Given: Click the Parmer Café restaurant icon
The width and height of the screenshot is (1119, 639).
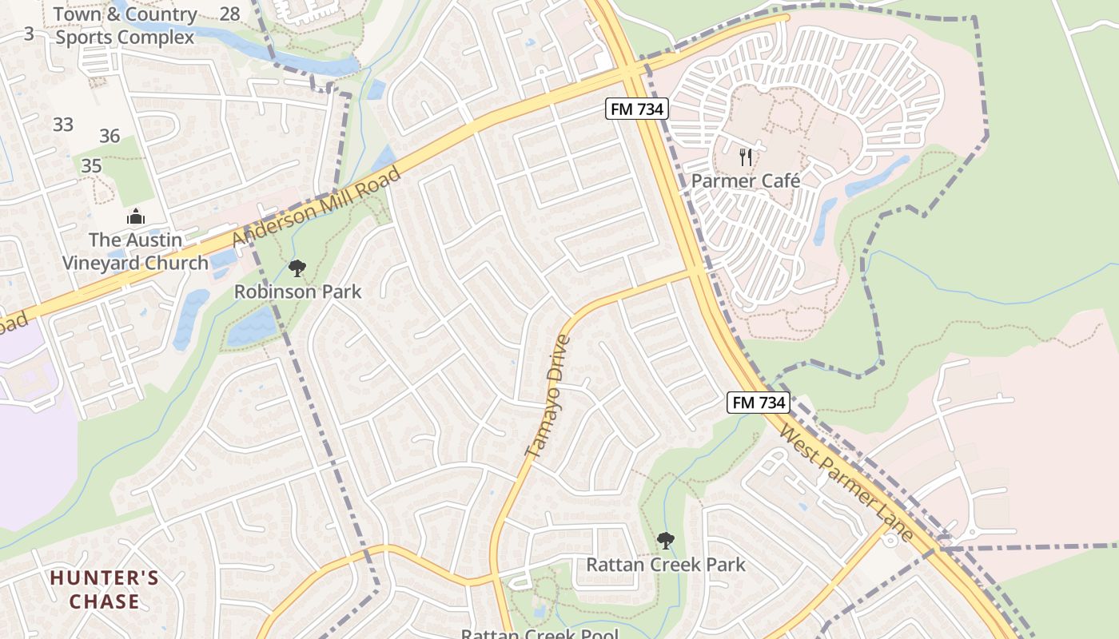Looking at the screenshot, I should (745, 157).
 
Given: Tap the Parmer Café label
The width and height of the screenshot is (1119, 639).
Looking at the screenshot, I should (745, 181).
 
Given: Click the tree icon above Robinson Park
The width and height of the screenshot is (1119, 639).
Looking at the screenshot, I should (297, 268).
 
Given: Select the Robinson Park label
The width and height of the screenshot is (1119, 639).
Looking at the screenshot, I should (297, 292).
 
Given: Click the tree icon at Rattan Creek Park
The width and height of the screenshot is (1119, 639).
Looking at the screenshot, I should (665, 541).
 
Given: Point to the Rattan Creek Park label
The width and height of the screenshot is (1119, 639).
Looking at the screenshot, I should (665, 565).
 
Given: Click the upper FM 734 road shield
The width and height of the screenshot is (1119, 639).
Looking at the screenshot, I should (636, 109).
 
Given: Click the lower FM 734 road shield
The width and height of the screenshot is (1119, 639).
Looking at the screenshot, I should (759, 402).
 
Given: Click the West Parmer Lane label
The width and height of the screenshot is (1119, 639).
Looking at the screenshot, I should (846, 484).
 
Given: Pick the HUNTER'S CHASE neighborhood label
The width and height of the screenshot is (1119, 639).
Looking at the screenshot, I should (104, 589).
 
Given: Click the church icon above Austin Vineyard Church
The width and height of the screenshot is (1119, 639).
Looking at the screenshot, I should (136, 216).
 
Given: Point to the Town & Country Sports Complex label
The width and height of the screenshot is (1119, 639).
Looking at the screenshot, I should (125, 26).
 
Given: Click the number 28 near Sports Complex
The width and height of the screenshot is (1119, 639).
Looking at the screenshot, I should (229, 14).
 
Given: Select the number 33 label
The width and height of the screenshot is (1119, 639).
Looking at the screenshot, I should (63, 124).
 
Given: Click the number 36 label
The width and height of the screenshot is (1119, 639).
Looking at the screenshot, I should (110, 136).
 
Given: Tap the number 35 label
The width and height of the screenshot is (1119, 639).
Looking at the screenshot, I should (91, 165).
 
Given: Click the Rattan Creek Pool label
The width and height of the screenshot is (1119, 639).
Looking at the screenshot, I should (539, 633).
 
